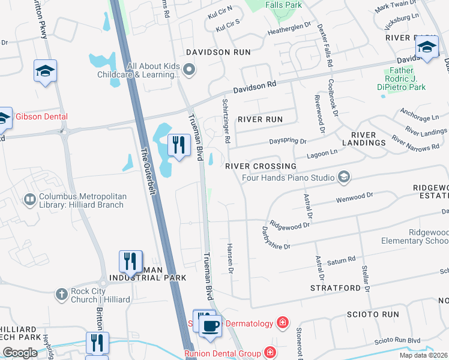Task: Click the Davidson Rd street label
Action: tap(255, 86)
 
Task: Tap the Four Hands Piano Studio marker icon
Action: tap(344, 177)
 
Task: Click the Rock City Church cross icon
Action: tap(61, 295)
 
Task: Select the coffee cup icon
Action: tap(210, 326)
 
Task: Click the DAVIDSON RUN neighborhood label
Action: tap(217, 52)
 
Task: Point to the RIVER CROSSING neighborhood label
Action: tap(261, 166)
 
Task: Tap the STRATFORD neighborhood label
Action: tap(334, 288)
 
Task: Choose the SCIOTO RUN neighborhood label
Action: tap(373, 314)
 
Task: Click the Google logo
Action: tap(20, 353)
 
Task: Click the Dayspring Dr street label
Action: tap(288, 142)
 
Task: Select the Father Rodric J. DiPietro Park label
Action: tap(403, 82)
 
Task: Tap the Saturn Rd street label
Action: tap(342, 260)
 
